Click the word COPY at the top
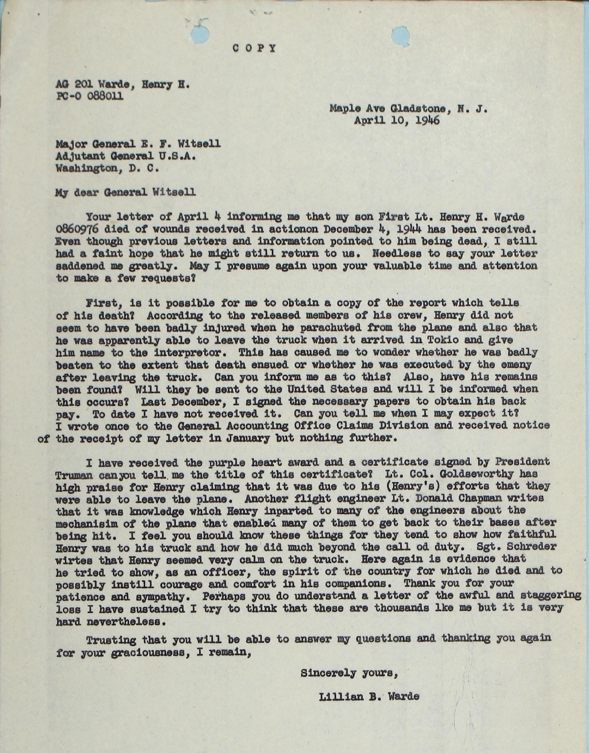(x=254, y=48)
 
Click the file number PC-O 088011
(x=90, y=96)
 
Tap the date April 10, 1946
(x=397, y=120)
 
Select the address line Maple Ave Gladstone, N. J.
(x=409, y=109)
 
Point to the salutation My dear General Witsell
(x=125, y=192)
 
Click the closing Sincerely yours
(x=349, y=673)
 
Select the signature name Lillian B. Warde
(x=368, y=697)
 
